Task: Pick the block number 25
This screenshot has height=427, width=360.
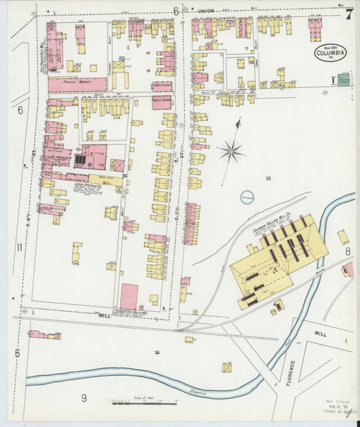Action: coord(267,178)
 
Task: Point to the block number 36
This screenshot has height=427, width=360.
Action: coord(157,352)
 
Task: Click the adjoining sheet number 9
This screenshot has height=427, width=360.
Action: coord(84,398)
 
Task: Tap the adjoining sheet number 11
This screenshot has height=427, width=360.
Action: coord(19,247)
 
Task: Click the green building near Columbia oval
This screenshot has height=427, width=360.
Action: coord(344,80)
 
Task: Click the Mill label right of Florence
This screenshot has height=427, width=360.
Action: coord(319,334)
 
